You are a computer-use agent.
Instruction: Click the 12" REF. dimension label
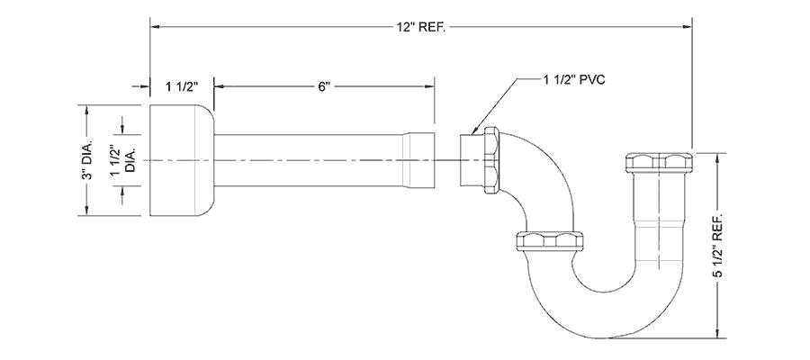click(x=421, y=27)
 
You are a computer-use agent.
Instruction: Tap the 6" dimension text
click(x=325, y=86)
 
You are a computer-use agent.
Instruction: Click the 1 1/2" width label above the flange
click(x=181, y=86)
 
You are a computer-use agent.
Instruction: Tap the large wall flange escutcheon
click(x=180, y=160)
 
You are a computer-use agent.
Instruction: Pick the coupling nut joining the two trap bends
click(x=546, y=240)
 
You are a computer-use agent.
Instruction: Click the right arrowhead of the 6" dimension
click(x=431, y=86)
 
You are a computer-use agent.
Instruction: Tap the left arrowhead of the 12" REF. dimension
click(x=154, y=27)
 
